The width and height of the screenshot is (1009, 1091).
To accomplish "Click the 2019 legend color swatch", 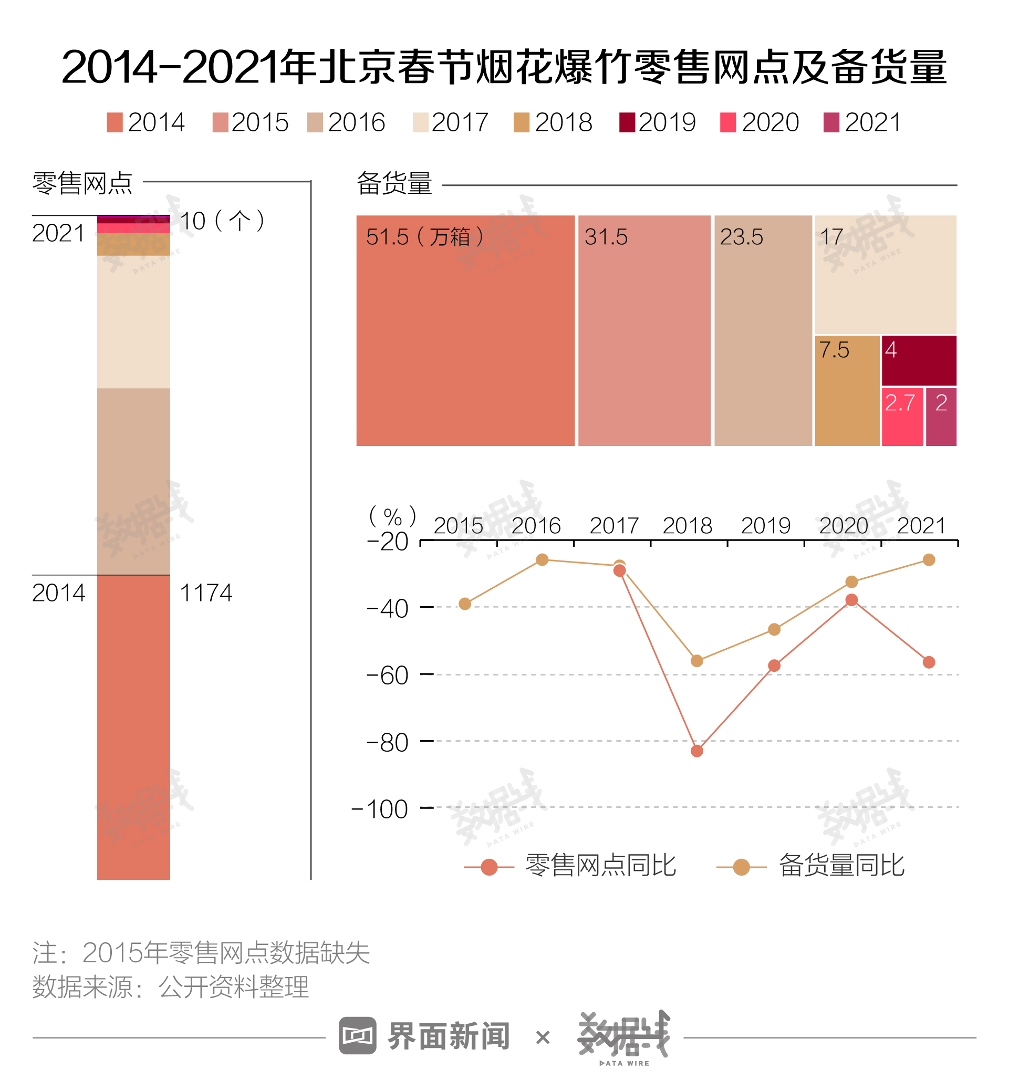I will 627,122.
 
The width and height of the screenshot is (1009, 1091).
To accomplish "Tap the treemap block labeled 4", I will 918,361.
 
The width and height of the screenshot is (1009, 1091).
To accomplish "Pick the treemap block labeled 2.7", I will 902,417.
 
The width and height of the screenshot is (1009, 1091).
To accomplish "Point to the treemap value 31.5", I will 606,237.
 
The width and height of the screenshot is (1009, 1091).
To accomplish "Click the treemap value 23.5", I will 741,237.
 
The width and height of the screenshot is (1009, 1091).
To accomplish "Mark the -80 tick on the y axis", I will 427,741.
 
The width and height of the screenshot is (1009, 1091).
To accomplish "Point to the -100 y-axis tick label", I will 379,809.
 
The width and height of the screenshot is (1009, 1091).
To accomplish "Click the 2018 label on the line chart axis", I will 687,526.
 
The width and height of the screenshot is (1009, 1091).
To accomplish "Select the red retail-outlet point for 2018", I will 696,751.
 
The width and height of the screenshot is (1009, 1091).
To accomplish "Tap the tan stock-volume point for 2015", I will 465,604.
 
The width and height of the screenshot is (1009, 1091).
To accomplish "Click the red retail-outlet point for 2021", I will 929,662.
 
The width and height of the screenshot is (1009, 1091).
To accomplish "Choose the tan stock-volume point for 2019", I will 774,630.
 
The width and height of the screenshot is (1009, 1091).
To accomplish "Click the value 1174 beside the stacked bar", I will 206,593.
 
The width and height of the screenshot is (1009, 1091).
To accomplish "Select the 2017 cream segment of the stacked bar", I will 133,322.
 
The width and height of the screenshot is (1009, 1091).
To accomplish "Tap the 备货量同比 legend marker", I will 741,867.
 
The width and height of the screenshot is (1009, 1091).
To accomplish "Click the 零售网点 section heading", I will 82,183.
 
